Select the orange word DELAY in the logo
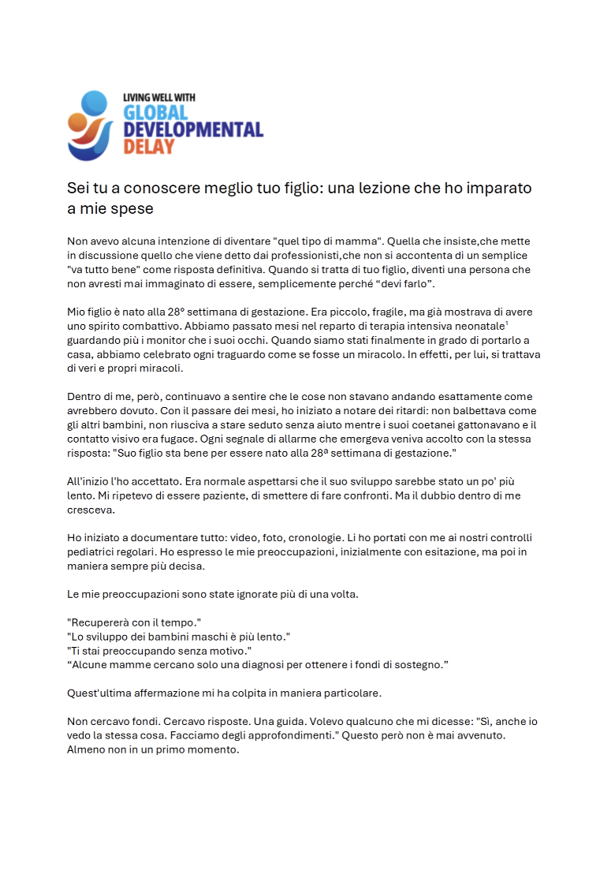[149, 146]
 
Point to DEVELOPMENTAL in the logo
[193, 129]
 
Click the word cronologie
[270, 537]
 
